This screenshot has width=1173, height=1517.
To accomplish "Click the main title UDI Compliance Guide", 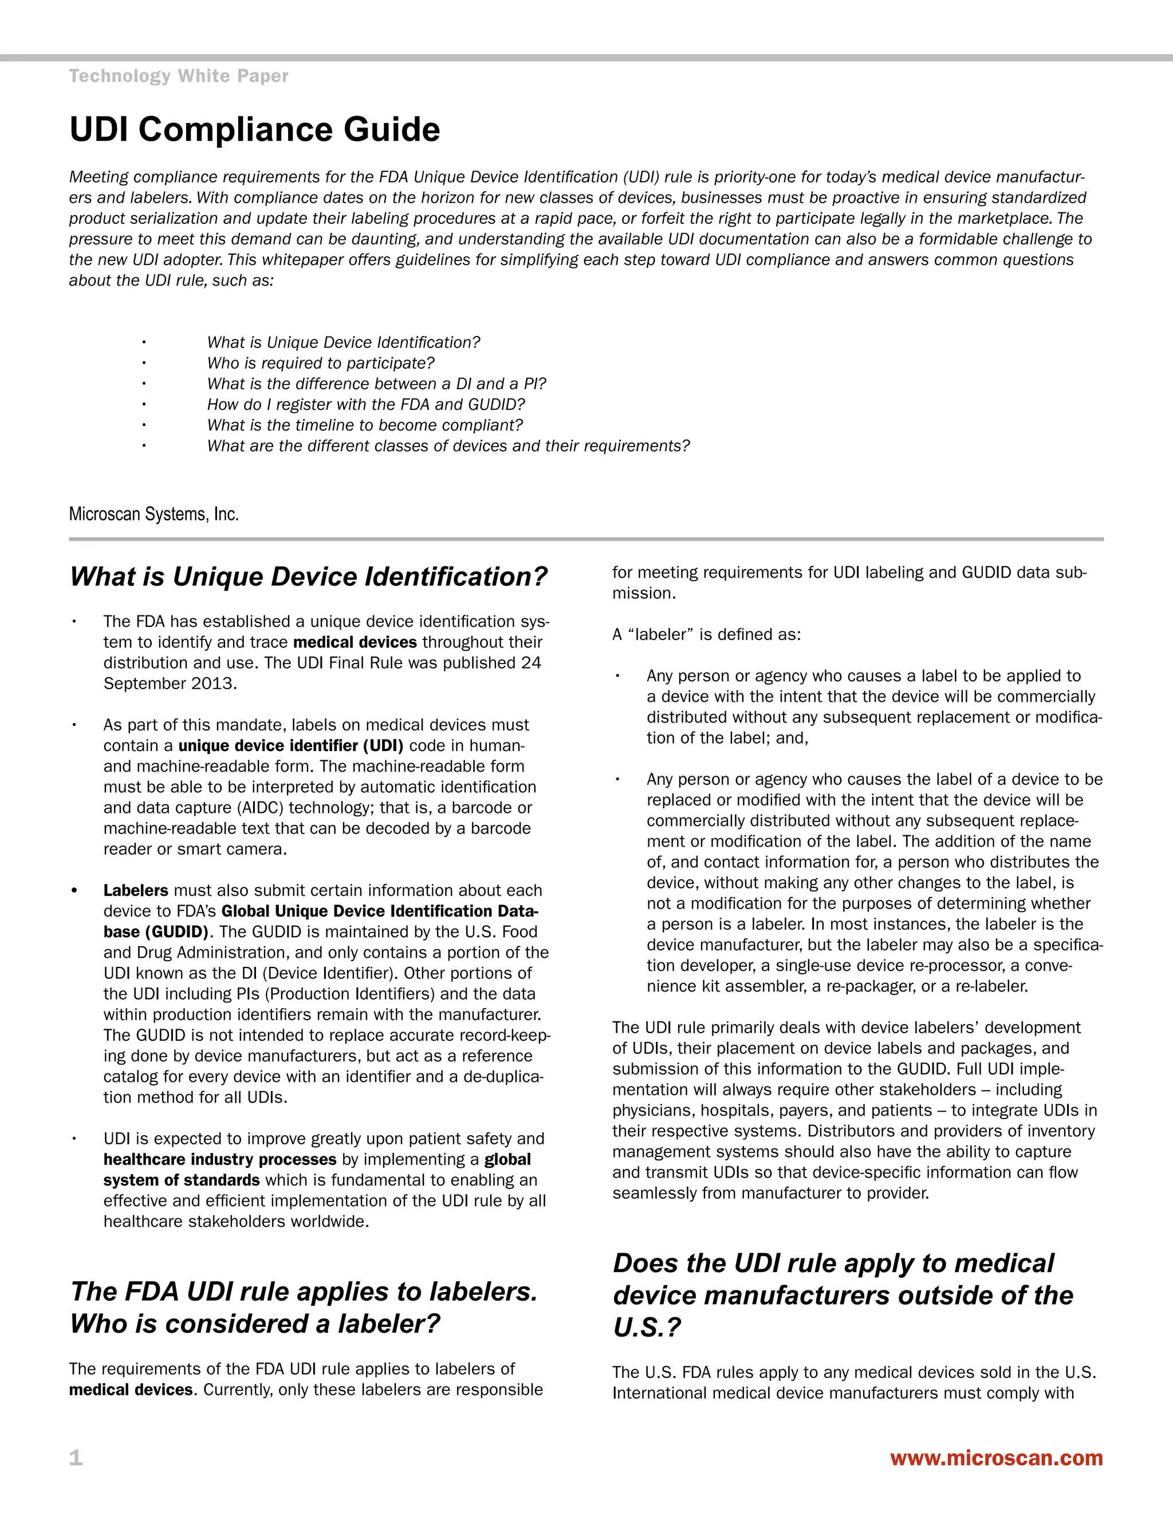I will point(254,130).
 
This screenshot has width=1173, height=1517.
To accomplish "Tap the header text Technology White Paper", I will point(179,76).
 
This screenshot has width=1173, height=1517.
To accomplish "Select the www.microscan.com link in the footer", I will point(996,1457).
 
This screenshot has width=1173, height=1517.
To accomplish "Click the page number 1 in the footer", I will point(76,1458).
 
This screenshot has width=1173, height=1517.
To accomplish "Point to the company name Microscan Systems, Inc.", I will point(153,515).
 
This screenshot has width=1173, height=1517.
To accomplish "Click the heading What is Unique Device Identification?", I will point(309,576).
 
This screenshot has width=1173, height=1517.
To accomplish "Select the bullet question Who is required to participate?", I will point(320,364).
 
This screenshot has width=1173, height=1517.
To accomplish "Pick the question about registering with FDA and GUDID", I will point(365,404).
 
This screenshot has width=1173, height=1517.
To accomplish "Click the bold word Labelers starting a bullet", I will point(136,891).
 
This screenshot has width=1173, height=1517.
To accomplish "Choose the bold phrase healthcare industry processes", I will point(219,1159).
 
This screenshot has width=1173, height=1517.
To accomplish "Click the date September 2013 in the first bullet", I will point(170,684).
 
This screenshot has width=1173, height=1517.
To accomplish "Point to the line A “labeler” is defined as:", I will point(706,635).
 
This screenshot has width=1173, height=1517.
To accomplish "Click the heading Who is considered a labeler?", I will point(255,1324).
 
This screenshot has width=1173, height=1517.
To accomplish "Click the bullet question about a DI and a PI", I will point(377,384).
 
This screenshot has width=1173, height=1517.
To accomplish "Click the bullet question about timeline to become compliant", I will point(364,425).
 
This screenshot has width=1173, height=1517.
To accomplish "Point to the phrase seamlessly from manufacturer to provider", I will point(770,1194).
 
